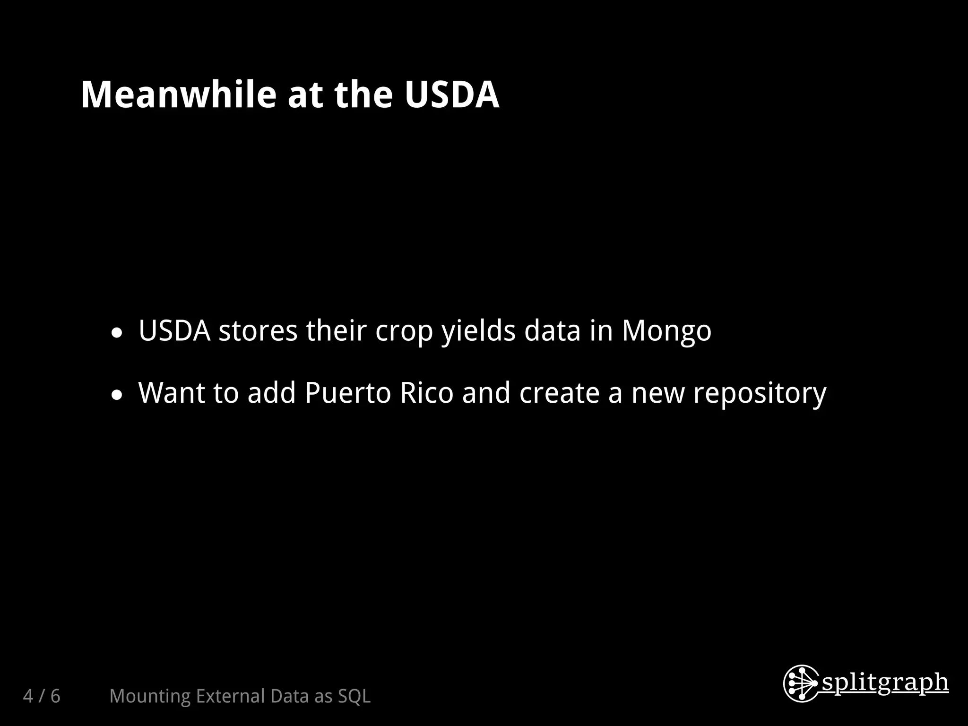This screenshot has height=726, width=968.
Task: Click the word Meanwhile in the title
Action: [x=178, y=95]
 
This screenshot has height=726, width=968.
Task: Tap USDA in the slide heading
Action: [x=451, y=95]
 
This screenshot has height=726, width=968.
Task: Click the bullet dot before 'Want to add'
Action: [x=116, y=396]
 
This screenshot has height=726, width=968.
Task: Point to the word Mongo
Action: [x=666, y=330]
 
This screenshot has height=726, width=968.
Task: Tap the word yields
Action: [x=478, y=331]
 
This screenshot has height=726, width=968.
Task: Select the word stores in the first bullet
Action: [x=258, y=331]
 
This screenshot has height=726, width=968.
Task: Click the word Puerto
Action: [x=348, y=393]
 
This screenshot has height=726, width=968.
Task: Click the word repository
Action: [x=760, y=394]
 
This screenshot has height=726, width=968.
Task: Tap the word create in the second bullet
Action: [x=560, y=393]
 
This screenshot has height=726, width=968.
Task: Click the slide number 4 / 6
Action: [x=42, y=696]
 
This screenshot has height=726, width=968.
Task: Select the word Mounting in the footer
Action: [x=149, y=696]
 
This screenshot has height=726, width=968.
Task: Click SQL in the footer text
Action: [x=354, y=696]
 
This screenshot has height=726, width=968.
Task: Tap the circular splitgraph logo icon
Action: [x=801, y=683]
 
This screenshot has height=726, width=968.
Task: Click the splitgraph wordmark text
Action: [x=885, y=683]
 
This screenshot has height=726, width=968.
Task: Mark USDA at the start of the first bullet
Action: [x=174, y=330]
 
